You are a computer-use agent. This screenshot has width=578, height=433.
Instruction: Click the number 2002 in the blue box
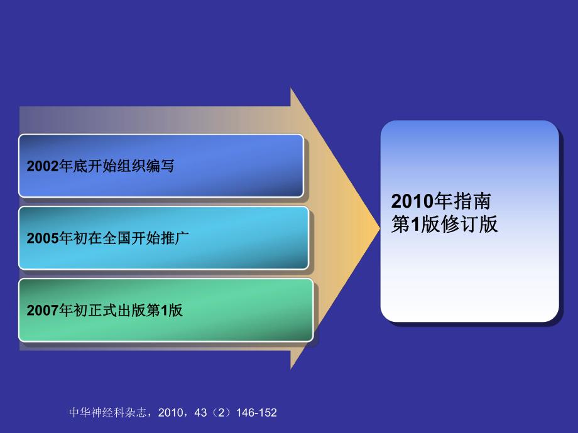pyautogui.click(x=42, y=166)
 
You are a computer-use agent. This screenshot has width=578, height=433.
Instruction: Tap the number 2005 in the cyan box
pyautogui.click(x=42, y=238)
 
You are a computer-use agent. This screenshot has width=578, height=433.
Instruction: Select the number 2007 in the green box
pyautogui.click(x=42, y=310)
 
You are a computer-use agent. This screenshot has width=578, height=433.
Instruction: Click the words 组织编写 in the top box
pyautogui.click(x=151, y=166)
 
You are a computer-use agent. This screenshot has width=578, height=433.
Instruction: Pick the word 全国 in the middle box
pyautogui.click(x=116, y=238)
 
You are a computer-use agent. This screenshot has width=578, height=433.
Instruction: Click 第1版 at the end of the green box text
pyautogui.click(x=165, y=310)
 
